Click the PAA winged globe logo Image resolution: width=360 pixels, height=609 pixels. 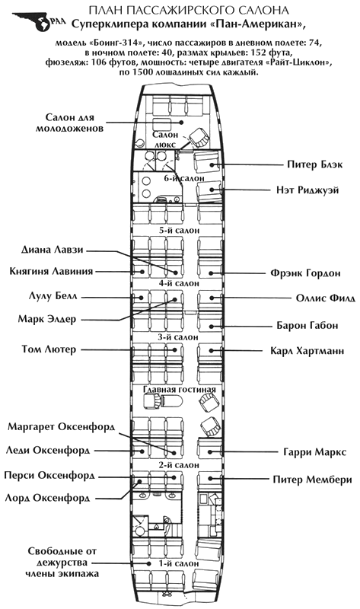(38, 21)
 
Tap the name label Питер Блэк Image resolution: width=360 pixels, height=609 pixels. (314, 164)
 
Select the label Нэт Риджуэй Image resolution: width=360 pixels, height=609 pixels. (307, 190)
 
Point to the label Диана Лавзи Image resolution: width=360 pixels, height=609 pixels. (52, 250)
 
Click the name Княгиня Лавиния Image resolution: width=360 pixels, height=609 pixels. (51, 271)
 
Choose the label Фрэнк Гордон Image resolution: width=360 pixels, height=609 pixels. (305, 273)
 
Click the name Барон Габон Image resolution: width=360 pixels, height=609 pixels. (307, 325)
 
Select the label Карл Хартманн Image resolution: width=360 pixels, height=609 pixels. (307, 351)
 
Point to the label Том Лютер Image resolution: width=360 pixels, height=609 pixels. (49, 349)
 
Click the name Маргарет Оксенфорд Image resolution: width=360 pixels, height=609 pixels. (62, 426)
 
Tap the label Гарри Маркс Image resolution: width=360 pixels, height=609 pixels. (314, 452)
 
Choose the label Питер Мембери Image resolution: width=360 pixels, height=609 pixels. (312, 480)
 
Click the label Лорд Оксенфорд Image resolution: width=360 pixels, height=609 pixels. (47, 498)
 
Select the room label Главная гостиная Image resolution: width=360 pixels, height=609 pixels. (180, 389)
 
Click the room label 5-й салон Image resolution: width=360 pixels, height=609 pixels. (179, 231)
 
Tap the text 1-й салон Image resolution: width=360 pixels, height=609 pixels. (179, 563)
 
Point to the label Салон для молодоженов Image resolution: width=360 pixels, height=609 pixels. (70, 123)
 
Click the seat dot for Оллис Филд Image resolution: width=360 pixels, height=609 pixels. (212, 298)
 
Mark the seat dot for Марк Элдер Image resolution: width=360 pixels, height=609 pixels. (175, 299)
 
